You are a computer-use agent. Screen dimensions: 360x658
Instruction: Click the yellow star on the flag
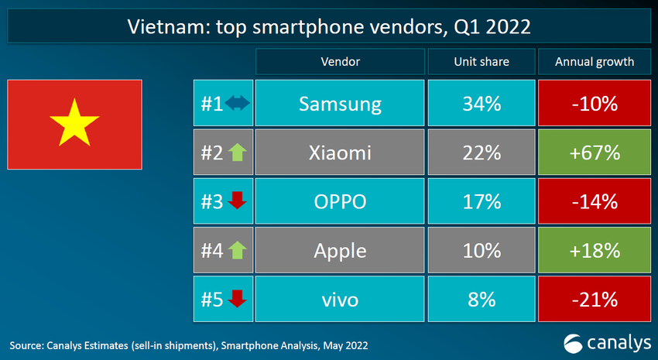pos(74,123)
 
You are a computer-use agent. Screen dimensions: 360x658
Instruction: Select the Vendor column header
pos(340,61)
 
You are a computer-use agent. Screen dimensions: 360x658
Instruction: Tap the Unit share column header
pos(479,61)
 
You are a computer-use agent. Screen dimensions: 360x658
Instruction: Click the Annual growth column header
pos(594,61)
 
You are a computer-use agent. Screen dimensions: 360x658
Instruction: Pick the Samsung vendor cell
pos(340,104)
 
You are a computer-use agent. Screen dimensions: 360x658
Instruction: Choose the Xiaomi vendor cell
pos(340,153)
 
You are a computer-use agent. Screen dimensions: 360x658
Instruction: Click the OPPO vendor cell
pos(340,201)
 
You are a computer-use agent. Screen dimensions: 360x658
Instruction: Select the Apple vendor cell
pos(340,250)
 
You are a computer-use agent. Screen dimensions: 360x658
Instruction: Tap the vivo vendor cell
pos(340,299)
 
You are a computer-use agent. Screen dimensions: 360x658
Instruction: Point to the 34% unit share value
pos(479,104)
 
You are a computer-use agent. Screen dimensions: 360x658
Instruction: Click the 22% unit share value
pos(479,153)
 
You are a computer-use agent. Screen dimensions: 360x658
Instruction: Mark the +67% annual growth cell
pos(594,153)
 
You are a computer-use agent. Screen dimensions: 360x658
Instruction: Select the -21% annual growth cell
pos(594,299)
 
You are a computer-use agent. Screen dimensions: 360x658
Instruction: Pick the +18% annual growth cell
pos(594,250)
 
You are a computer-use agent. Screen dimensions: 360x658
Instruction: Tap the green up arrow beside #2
pos(237,153)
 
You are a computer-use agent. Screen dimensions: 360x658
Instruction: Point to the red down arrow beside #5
pos(237,298)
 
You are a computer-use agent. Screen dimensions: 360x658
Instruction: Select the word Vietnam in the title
pos(163,27)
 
